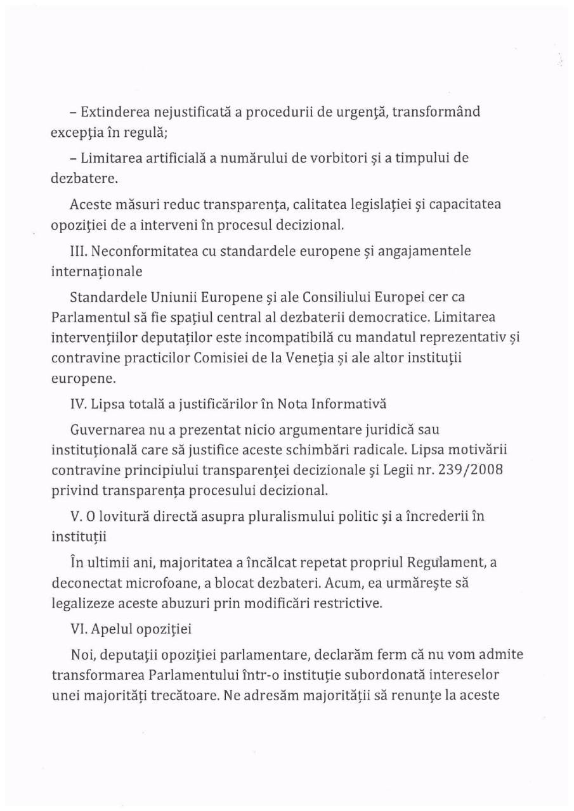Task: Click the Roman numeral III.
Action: coord(77,251)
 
